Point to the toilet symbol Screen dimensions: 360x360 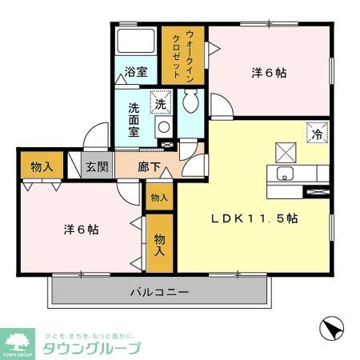[190, 102]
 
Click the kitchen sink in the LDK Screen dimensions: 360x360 [282, 175]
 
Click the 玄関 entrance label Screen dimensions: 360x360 [98, 167]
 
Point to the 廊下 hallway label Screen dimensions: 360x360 [150, 167]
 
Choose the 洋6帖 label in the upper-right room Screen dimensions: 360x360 [270, 72]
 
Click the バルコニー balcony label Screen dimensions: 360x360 [160, 293]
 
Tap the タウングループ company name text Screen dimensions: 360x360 [91, 348]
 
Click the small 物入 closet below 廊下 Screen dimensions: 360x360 [158, 198]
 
